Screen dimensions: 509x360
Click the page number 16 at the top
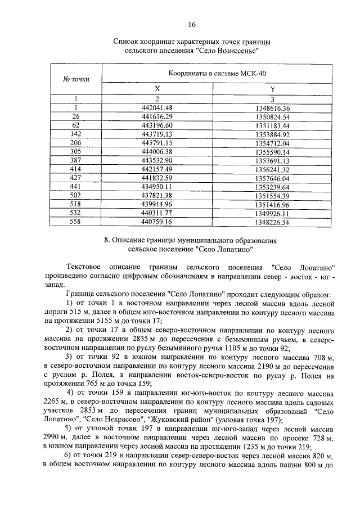192,25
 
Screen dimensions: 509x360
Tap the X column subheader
157,89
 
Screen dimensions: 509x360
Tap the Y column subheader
272,89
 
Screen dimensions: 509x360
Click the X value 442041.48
157,107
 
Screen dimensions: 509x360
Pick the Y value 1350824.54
272,116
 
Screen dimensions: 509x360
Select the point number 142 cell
75,135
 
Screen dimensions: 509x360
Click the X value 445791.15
157,143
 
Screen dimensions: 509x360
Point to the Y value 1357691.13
272,161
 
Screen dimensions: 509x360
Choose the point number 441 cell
75,187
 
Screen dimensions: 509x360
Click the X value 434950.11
157,187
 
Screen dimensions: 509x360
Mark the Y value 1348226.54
272,222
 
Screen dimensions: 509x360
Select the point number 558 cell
75,222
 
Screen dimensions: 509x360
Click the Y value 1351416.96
272,204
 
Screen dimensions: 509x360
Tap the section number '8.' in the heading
108,240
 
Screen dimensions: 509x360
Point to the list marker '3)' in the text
69,357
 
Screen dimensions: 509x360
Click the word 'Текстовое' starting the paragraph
84,267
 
